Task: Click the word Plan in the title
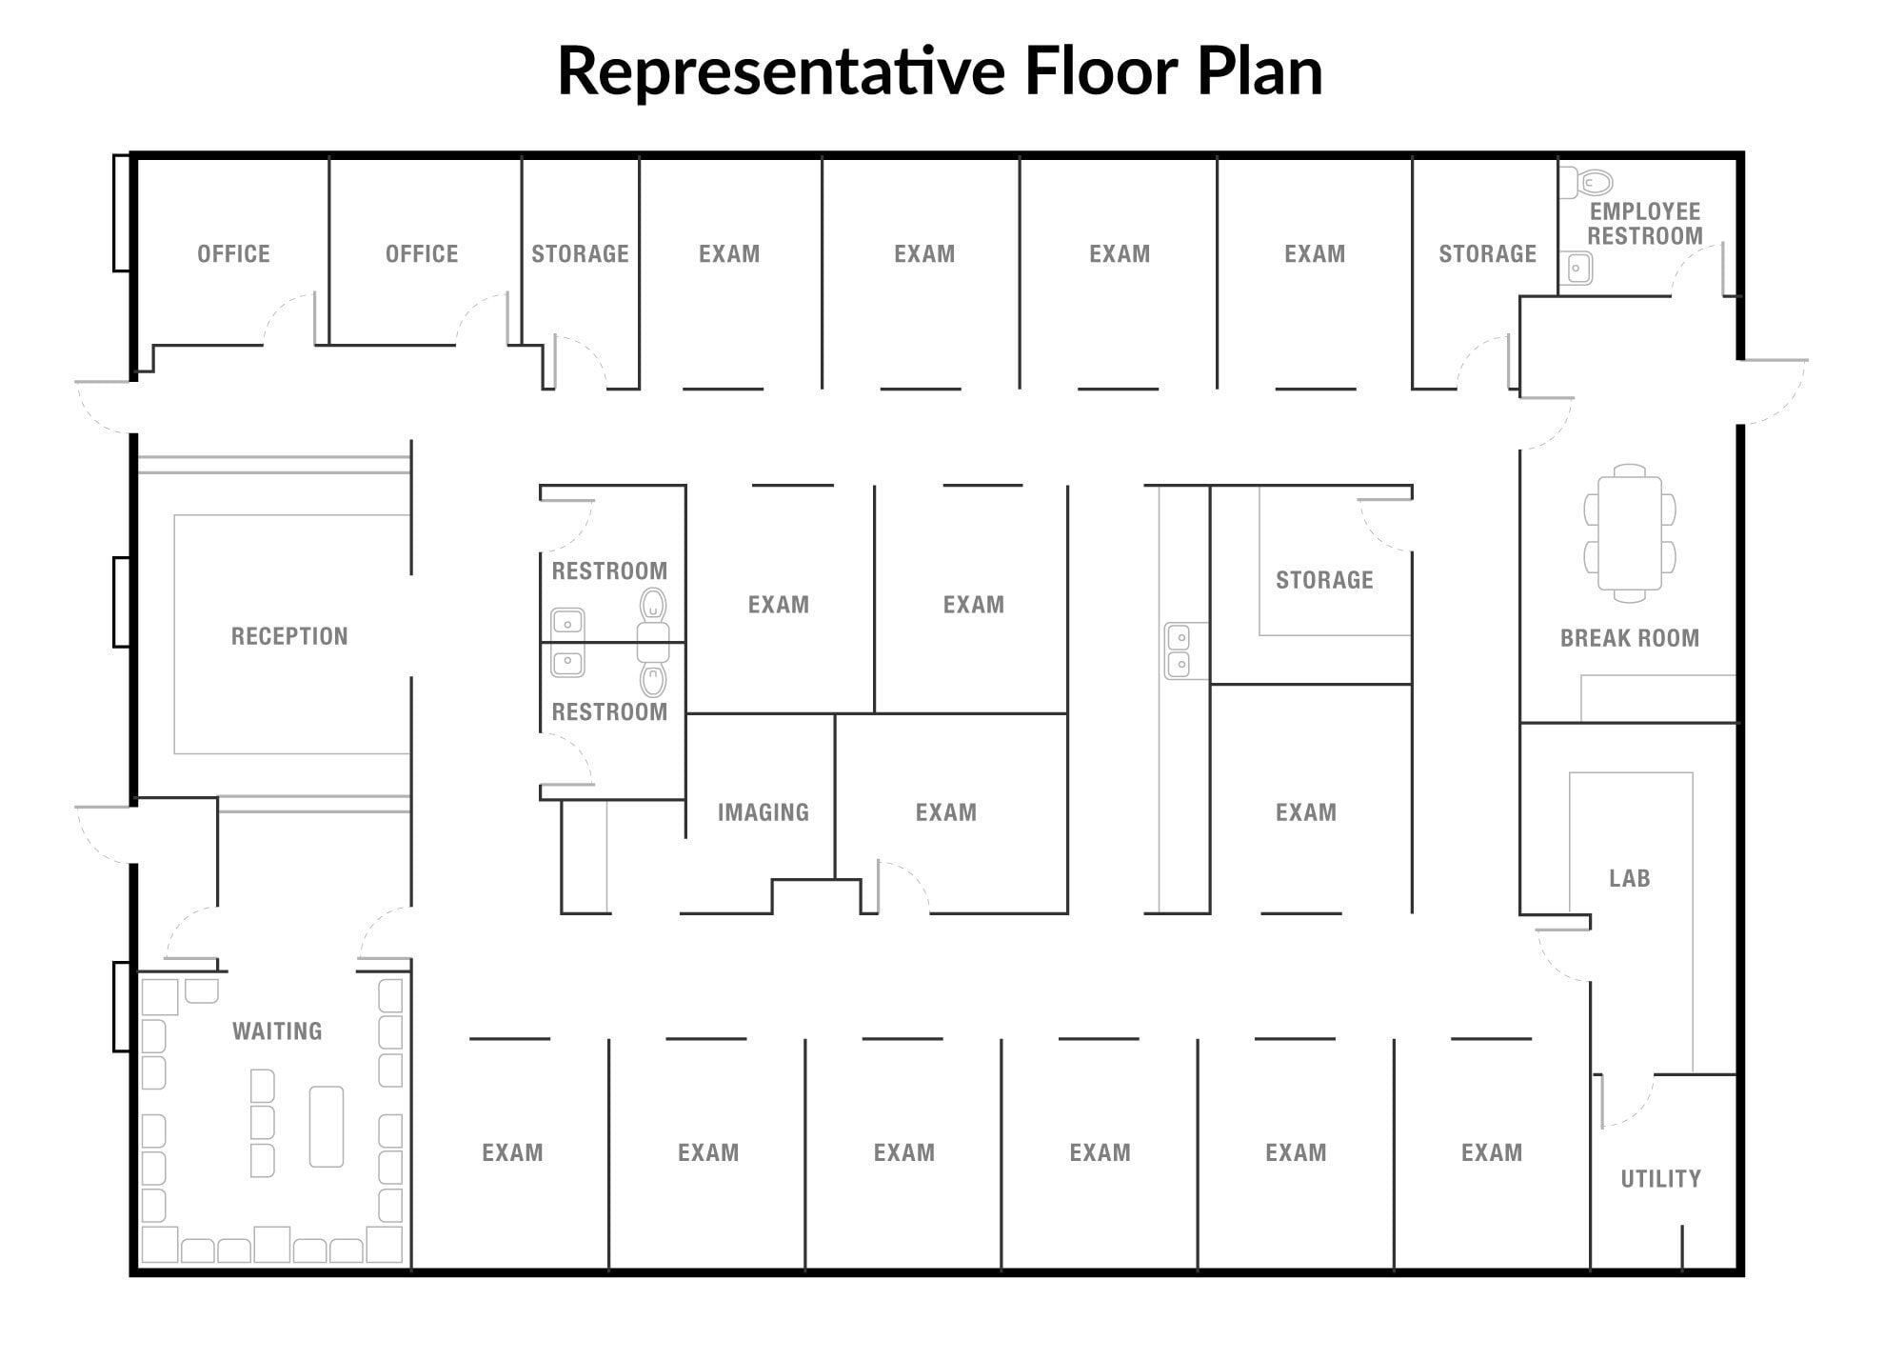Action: point(1259,71)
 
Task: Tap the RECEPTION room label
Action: point(289,636)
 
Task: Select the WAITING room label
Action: point(277,1030)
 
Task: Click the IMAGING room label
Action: point(764,812)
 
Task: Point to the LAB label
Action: point(1630,878)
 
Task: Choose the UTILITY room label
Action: point(1661,1179)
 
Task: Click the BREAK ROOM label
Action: point(1630,638)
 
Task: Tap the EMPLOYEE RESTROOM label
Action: point(1645,224)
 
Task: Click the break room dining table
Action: point(1630,533)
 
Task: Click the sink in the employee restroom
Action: point(1576,269)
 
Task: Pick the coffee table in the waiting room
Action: point(327,1127)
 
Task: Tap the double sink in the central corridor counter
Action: point(1179,650)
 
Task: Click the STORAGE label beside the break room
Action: point(1324,580)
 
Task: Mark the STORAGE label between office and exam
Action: point(580,254)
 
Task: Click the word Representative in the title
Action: point(781,71)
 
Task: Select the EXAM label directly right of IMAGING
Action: point(946,812)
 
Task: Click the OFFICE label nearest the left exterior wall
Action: point(233,254)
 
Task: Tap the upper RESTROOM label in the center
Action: point(609,571)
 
